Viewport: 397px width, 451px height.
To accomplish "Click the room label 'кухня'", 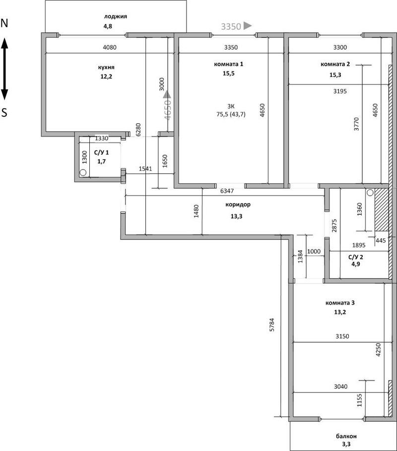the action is pos(106,68).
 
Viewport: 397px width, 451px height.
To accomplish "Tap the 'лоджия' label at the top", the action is pos(115,16).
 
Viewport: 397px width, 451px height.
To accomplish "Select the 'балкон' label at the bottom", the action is pos(346,436).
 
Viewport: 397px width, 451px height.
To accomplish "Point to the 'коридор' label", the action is pos(238,205).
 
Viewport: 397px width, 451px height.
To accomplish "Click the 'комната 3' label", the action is pos(340,302).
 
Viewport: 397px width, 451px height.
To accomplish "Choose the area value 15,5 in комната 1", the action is pos(229,74).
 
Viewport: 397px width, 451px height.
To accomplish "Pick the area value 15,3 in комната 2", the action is pos(335,75).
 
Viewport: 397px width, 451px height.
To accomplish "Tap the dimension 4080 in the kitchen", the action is pos(110,47).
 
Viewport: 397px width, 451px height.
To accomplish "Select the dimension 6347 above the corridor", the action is pos(227,191).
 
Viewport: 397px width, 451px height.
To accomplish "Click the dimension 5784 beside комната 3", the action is pos(271,324).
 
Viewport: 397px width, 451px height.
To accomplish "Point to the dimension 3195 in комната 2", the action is pos(340,91).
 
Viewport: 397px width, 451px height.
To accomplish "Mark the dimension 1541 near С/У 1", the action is pos(145,169).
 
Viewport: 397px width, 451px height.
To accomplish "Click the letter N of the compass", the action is pos(4,23).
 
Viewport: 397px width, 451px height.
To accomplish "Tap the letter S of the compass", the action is pos(4,113).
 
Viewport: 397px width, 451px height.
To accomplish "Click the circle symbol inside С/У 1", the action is pos(83,172).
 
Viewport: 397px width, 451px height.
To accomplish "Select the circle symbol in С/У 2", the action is pos(370,192).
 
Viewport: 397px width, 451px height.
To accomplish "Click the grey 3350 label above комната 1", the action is pos(231,26).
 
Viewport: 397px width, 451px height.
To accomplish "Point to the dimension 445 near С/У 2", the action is pos(381,240).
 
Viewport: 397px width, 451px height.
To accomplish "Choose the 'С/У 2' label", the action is pos(356,257).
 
